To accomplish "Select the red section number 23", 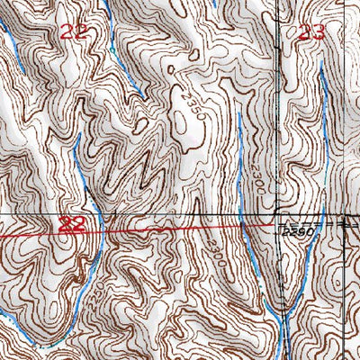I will [309, 34].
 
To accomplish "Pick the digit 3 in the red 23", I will [316, 34].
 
